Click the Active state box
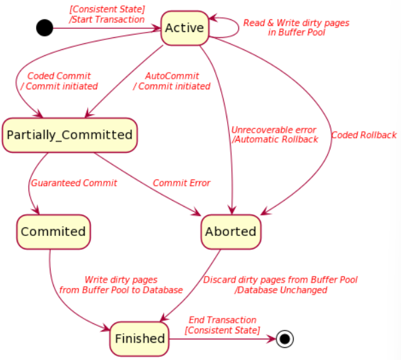coord(184,29)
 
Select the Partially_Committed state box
coord(69,135)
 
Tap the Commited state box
coord(53,231)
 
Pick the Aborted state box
coord(230,231)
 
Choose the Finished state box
coord(139,339)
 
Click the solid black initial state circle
coord(44,28)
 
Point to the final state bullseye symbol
coord(285,339)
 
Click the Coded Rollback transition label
coord(364,135)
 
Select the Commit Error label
coord(181,183)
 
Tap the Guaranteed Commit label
coord(73,183)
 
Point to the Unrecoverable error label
coord(274,129)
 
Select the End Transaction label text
coord(222,320)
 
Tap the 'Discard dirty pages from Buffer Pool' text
coord(280,280)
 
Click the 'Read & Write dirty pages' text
coord(296,23)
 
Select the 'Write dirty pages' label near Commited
coord(121,280)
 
